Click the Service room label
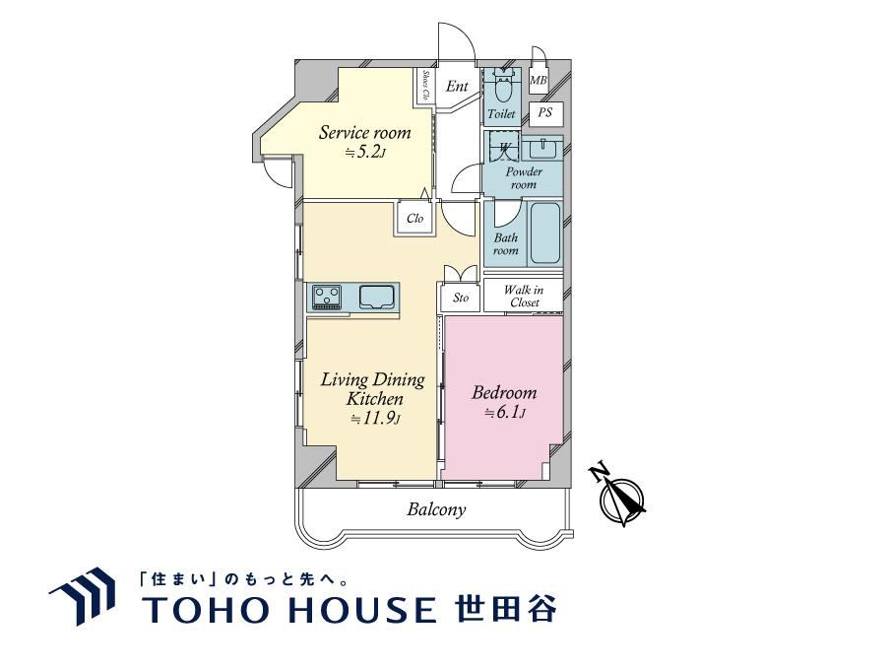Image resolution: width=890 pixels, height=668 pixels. click(x=364, y=133)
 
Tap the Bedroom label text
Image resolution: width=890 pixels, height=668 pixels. click(x=504, y=392)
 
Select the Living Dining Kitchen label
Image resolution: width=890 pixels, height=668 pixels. click(x=373, y=389)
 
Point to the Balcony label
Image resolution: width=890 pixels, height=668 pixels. click(x=436, y=509)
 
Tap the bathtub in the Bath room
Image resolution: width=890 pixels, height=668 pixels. click(x=544, y=233)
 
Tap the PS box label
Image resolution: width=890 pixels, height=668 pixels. click(x=544, y=113)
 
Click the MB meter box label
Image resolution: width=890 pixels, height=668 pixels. click(x=539, y=80)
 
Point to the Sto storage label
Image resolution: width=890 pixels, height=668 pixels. click(x=461, y=298)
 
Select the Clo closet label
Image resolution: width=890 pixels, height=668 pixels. click(x=414, y=218)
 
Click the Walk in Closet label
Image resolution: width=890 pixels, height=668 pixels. click(x=524, y=296)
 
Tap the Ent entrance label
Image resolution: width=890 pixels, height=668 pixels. click(x=457, y=87)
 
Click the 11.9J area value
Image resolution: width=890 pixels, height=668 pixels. click(x=375, y=419)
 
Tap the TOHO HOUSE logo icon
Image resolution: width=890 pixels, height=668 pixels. click(x=83, y=595)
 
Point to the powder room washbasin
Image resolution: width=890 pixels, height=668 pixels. click(x=542, y=149)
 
